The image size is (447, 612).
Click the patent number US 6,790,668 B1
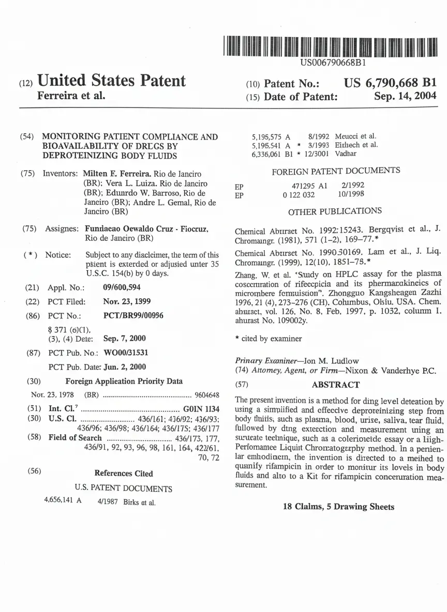pos(390,83)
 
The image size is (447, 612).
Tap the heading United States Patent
pos(111,81)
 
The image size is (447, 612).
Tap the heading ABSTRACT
pos(335,385)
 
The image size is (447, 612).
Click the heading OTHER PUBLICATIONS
pos(335,211)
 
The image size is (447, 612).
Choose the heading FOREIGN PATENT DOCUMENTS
pos(335,171)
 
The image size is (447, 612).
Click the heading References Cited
pos(124,473)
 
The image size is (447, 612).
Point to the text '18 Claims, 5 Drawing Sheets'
pos(338,507)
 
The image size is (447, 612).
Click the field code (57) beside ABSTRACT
pos(242,385)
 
